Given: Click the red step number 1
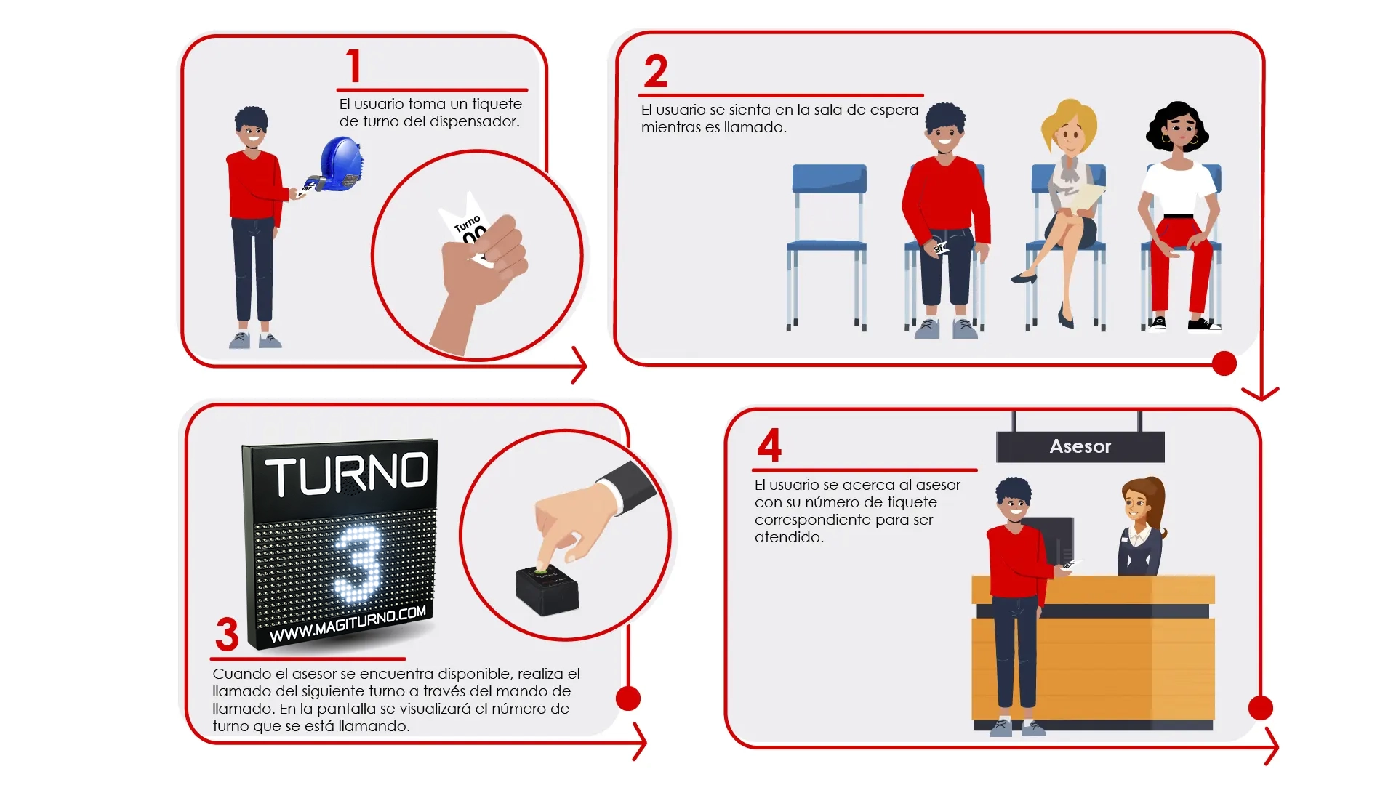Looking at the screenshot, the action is [353, 66].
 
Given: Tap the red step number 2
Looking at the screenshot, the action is [656, 71].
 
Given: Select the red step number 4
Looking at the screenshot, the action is [769, 445].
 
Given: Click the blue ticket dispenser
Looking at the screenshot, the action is [339, 166].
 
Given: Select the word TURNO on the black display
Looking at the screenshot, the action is [347, 475].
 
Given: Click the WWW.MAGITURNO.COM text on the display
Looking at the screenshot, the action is [348, 624].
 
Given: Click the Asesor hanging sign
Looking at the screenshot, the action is [1080, 446].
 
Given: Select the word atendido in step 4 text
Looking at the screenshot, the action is [789, 538].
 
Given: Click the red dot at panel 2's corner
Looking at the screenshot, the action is [1224, 363].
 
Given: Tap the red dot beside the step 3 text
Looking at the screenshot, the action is [628, 699].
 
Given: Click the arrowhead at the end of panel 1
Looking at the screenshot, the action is [579, 365].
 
